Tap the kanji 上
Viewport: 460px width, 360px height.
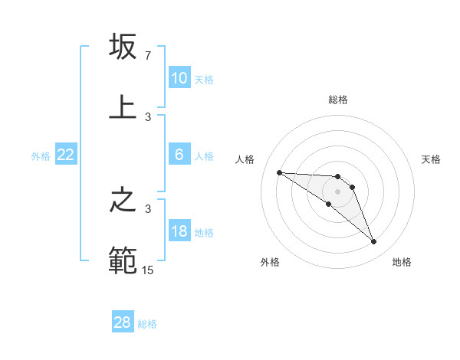click(x=123, y=106)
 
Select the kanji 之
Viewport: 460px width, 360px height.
click(x=123, y=201)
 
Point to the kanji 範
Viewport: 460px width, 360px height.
click(x=123, y=260)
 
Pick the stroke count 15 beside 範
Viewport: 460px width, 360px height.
click(x=147, y=270)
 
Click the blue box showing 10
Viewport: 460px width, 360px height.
click(x=179, y=78)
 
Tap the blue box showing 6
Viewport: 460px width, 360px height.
click(x=179, y=155)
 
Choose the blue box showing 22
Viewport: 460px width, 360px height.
click(x=66, y=155)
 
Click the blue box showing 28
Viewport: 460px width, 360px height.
click(x=123, y=322)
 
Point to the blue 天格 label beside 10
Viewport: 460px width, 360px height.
click(x=204, y=79)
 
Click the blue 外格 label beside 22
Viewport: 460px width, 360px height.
click(x=41, y=155)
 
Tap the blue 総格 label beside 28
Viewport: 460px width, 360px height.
click(x=148, y=323)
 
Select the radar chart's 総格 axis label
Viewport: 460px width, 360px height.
click(x=337, y=100)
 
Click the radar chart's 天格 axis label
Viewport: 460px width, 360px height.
click(x=431, y=159)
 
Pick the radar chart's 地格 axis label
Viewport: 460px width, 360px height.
click(x=402, y=263)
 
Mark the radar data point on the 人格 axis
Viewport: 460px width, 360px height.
click(x=279, y=172)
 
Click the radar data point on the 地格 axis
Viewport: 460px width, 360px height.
click(x=373, y=242)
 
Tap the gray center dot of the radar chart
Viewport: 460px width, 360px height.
click(x=337, y=191)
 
